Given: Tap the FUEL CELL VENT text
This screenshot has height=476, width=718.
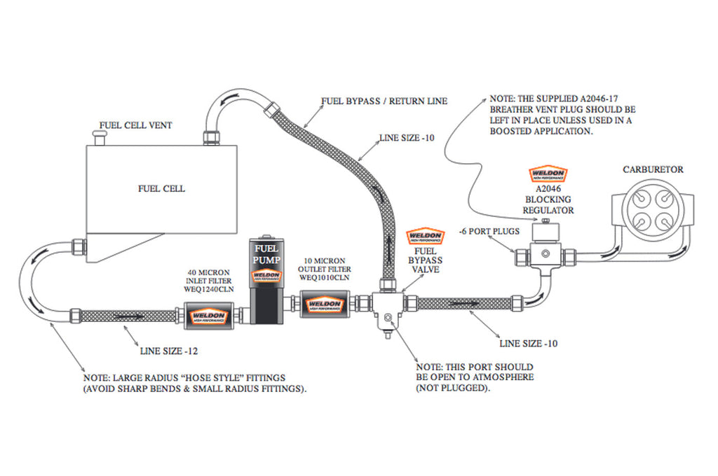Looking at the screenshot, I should (x=135, y=126).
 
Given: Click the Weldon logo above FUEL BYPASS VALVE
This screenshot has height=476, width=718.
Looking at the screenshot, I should (x=425, y=237).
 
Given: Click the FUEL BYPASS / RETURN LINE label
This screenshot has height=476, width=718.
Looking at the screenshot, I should (x=384, y=101).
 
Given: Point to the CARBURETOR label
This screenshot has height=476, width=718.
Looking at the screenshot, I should (x=652, y=169).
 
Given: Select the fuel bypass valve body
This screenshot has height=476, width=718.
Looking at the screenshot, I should (x=386, y=307).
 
